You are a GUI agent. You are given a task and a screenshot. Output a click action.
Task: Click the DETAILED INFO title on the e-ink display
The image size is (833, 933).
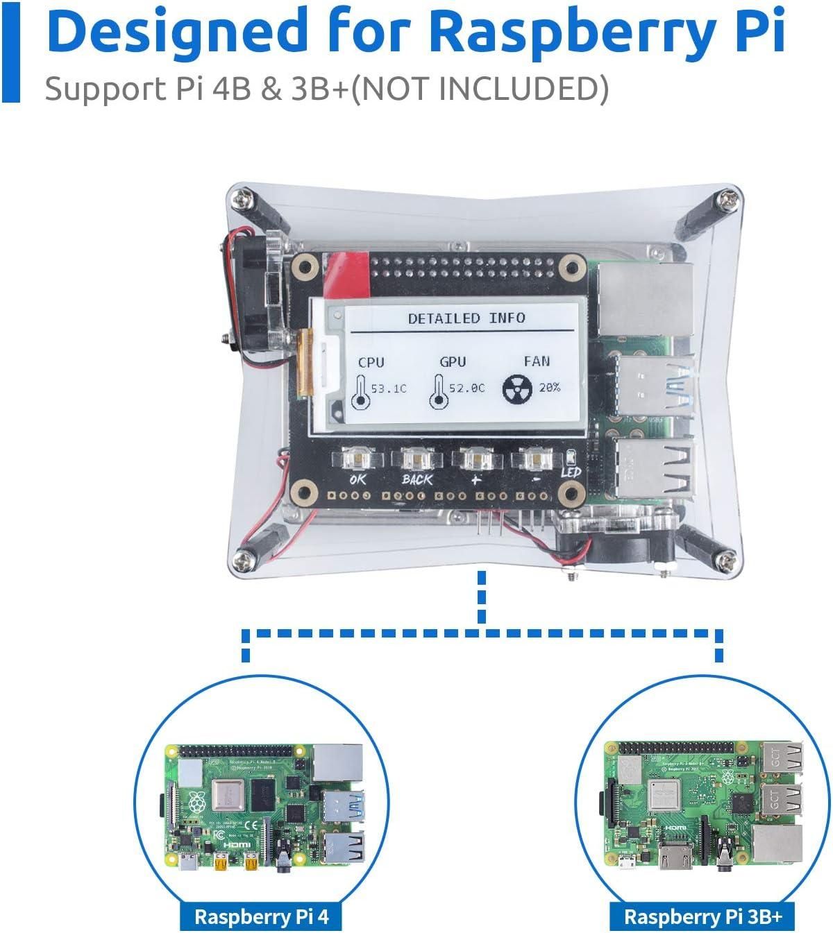point(466,318)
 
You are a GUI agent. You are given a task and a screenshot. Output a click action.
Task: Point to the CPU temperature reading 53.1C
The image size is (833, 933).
point(389,388)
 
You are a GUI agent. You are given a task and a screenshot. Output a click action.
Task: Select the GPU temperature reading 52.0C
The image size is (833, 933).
point(467,388)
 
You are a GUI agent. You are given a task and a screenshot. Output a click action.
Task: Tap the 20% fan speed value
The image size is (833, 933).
point(550,388)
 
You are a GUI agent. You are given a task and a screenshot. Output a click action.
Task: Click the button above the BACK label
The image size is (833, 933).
point(416,459)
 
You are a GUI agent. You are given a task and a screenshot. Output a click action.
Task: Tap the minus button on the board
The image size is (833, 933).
point(535,459)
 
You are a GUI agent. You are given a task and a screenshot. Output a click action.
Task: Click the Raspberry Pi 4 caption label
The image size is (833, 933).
point(261,916)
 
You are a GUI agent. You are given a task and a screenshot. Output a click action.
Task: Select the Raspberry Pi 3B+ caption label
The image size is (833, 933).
point(702,916)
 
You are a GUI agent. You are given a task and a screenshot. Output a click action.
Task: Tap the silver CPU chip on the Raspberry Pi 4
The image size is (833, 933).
point(228,795)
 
